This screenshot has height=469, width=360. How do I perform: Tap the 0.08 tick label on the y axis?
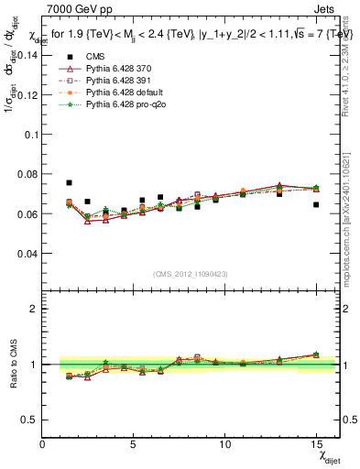click(27, 174)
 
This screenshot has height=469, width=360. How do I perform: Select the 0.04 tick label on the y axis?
click(27, 254)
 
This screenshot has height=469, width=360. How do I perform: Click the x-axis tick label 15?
click(316, 444)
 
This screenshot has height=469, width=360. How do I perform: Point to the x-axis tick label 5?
click(134, 444)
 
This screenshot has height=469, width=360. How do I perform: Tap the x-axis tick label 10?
click(225, 444)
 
